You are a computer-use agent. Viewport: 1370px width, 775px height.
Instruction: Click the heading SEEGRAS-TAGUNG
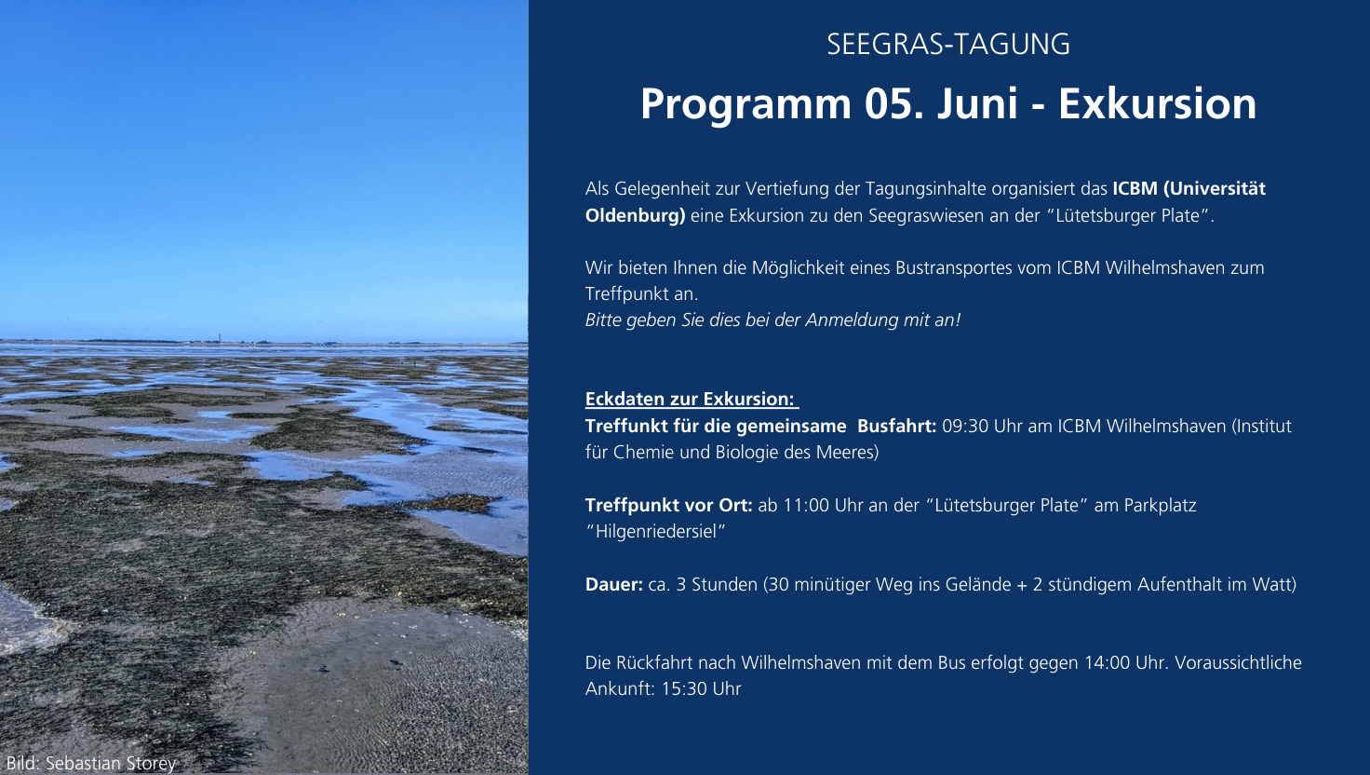(x=948, y=45)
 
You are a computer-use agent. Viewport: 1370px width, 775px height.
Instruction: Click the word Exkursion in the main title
(x=1157, y=104)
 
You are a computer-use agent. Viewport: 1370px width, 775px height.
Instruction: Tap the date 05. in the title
(x=894, y=104)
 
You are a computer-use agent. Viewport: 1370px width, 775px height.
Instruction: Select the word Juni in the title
(x=976, y=104)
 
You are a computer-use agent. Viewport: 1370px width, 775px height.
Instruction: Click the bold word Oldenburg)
(x=636, y=215)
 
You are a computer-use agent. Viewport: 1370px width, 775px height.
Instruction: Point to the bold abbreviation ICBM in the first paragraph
(x=1135, y=188)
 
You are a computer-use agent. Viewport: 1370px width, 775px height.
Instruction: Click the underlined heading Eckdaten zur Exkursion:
(x=691, y=399)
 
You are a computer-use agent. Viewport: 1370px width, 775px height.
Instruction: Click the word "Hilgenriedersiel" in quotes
(x=655, y=531)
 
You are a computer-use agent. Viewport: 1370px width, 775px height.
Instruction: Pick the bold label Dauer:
(x=614, y=584)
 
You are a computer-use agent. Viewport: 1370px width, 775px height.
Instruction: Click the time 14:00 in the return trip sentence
(x=1107, y=662)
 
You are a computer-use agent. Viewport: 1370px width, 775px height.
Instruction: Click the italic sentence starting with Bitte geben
(x=772, y=320)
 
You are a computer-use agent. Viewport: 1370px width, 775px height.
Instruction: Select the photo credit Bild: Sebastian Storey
(x=91, y=764)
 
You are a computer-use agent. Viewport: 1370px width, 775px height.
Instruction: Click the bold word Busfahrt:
(x=896, y=426)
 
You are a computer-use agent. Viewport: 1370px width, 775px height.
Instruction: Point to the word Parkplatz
(x=1161, y=505)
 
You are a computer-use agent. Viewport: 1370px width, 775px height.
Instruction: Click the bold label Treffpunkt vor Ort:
(x=668, y=505)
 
